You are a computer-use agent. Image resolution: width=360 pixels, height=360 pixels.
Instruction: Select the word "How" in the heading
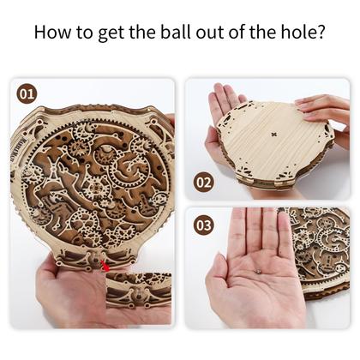coord(53,32)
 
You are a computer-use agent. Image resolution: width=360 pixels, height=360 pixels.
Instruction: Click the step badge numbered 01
coord(27,94)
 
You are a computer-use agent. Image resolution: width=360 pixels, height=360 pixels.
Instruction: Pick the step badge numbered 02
coord(204,183)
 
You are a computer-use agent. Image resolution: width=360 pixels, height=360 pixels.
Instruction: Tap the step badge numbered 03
coord(204,225)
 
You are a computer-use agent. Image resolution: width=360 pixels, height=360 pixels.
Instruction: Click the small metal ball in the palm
coord(259,271)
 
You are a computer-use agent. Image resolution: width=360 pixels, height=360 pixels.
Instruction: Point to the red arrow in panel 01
coord(105,266)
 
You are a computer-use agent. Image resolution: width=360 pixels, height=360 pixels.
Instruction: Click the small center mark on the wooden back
coord(274,134)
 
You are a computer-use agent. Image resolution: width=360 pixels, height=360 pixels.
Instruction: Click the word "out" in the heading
coord(211,32)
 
